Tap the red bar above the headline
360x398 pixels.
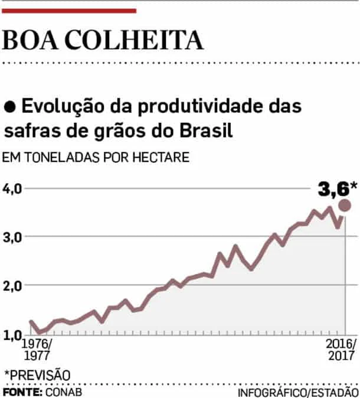[69, 10]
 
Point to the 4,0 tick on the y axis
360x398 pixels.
[12, 189]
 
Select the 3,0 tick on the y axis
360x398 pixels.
[12, 237]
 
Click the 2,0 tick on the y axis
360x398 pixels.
[12, 286]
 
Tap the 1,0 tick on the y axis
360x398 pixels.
[12, 335]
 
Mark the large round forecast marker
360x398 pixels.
[345, 205]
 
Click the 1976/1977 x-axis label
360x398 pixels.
[37, 350]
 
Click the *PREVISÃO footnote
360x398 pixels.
[37, 374]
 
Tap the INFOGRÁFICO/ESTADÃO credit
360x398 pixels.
[298, 392]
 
